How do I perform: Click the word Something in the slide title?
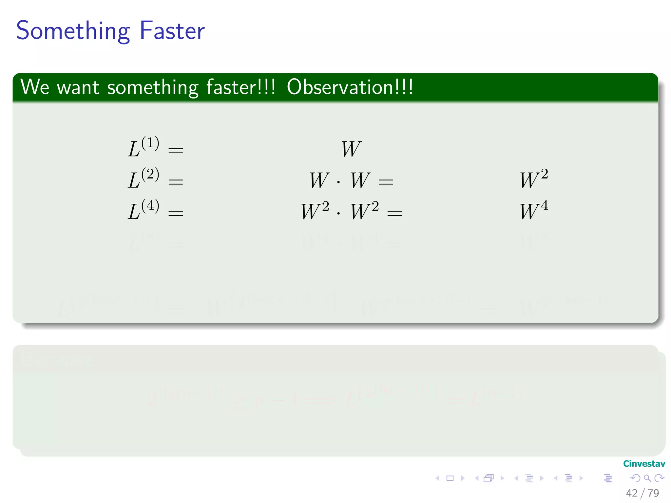click(x=73, y=31)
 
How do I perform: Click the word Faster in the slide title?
click(x=172, y=31)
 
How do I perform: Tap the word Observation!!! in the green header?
click(x=350, y=87)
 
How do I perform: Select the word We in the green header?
click(x=35, y=87)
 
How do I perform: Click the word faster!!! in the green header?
click(x=241, y=87)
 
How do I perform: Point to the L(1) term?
click(x=144, y=147)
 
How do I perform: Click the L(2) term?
click(x=144, y=178)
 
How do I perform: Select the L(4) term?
click(x=144, y=210)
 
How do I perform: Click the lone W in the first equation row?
click(x=351, y=149)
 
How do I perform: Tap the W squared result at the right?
click(x=534, y=179)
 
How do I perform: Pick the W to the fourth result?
click(x=534, y=211)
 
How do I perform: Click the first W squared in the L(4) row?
click(x=315, y=211)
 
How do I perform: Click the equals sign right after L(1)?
click(x=176, y=151)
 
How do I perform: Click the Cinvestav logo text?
click(x=644, y=464)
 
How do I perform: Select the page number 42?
click(x=632, y=493)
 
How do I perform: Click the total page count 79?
click(x=653, y=493)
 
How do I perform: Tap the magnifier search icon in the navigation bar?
click(x=647, y=478)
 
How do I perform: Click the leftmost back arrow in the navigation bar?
click(x=437, y=478)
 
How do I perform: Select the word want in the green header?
click(x=78, y=88)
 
